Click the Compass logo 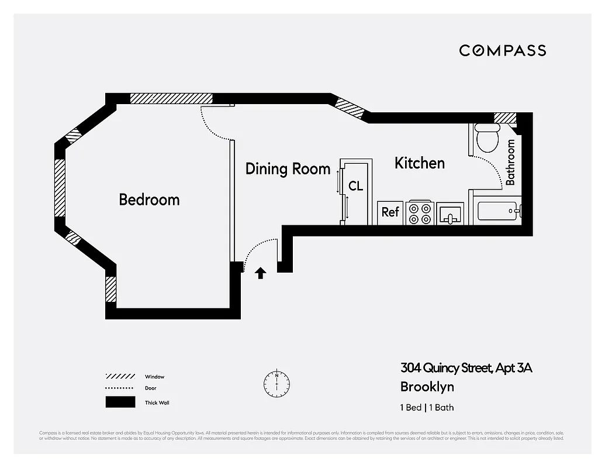coord(502,50)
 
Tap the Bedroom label coord(149,199)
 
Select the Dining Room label coord(288,169)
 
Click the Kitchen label coord(419,163)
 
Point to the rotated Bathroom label coord(510,162)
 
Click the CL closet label coord(355,186)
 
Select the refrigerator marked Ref coord(390,212)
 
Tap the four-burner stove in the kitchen coord(420,213)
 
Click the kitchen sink coord(450,214)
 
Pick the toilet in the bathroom coord(485,138)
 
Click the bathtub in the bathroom coord(498,211)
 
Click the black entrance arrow coord(261,273)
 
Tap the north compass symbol coord(276,383)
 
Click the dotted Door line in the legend coord(120,388)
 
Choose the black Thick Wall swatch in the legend coord(120,402)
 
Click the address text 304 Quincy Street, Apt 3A coord(466,368)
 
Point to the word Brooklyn coord(427,387)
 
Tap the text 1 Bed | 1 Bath coord(427,408)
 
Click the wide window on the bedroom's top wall coord(171,98)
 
